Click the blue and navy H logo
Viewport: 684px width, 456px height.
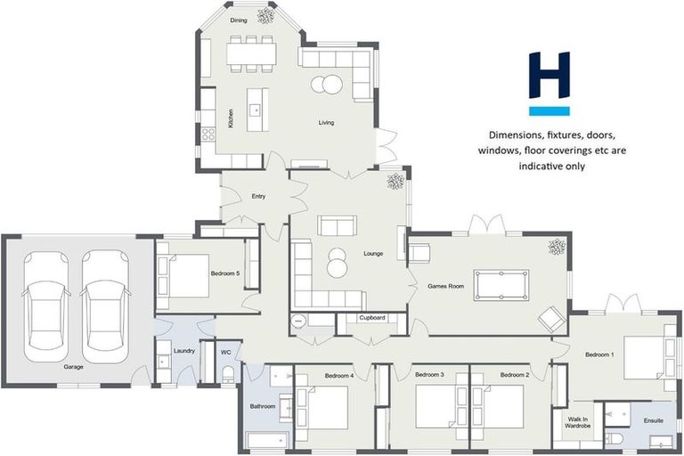pyautogui.click(x=549, y=83)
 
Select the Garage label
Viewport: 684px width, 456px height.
pyautogui.click(x=73, y=367)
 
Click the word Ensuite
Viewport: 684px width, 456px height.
pyautogui.click(x=653, y=419)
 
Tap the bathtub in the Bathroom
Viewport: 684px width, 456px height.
pyautogui.click(x=267, y=440)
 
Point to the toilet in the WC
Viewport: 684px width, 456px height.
pyautogui.click(x=227, y=372)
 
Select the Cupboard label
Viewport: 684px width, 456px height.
pyautogui.click(x=371, y=317)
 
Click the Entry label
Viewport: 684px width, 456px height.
pyautogui.click(x=258, y=196)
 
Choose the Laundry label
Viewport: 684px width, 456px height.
pyautogui.click(x=184, y=351)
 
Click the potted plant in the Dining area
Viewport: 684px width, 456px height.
pyautogui.click(x=265, y=16)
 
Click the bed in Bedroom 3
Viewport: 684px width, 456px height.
pyautogui.click(x=436, y=407)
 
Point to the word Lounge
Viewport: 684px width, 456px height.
pyautogui.click(x=373, y=254)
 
